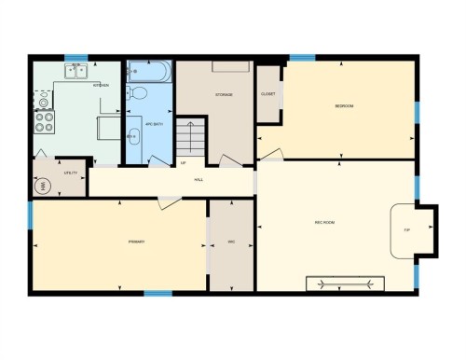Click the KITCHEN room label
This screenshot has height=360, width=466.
pos(101,86)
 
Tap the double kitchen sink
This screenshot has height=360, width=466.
pos(75,70)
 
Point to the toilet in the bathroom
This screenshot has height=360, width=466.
pos(140,92)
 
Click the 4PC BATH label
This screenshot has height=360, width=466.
pos(154,123)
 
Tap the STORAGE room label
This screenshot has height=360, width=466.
pos(223,95)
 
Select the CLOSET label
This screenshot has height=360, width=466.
pos(268,94)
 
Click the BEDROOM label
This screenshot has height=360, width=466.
pos(344,106)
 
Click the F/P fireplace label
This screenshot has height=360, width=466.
pos(406,229)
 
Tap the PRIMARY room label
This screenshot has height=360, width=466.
pos(137,242)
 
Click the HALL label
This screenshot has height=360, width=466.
pos(199,179)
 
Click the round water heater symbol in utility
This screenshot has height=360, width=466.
pos(42,186)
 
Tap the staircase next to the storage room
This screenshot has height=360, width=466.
pos(190,136)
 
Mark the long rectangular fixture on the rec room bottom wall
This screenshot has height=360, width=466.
pos(346,283)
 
